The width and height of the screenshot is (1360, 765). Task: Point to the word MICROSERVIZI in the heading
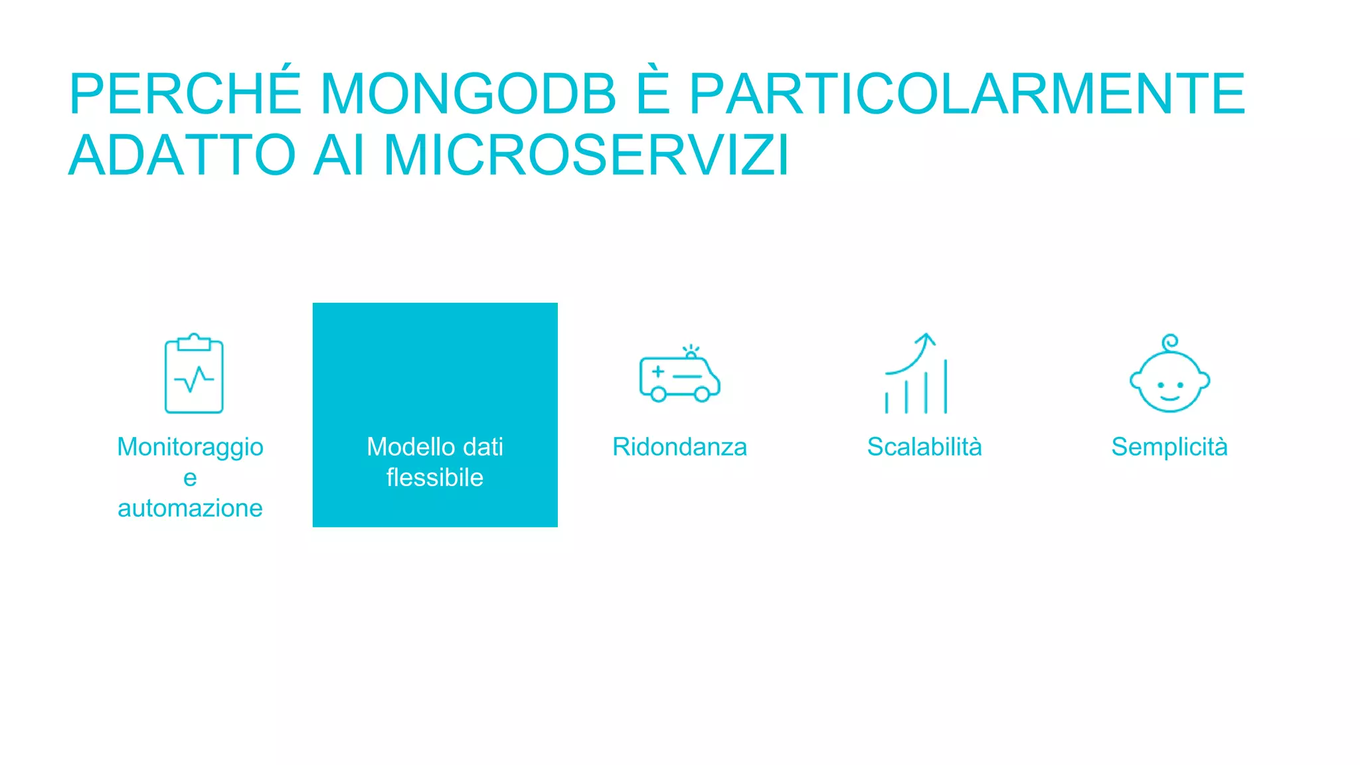(x=586, y=155)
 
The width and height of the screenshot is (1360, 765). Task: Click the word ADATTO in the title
(x=183, y=155)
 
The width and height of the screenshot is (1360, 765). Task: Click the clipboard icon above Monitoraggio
(x=194, y=374)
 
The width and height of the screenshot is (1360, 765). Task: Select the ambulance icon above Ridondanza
(x=679, y=375)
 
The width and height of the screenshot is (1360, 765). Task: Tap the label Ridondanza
(x=679, y=447)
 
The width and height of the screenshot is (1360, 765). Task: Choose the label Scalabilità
(x=924, y=447)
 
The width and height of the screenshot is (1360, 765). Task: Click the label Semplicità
(x=1169, y=447)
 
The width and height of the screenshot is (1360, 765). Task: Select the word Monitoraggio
(x=191, y=448)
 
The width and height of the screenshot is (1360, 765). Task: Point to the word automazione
(x=191, y=508)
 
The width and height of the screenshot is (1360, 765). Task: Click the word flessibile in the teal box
(x=435, y=477)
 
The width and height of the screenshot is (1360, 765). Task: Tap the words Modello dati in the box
(x=435, y=447)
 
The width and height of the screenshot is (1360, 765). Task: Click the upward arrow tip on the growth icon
(x=926, y=337)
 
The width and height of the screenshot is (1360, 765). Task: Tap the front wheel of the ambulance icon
(x=701, y=394)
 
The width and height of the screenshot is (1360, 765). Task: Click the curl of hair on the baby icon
(x=1170, y=342)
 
